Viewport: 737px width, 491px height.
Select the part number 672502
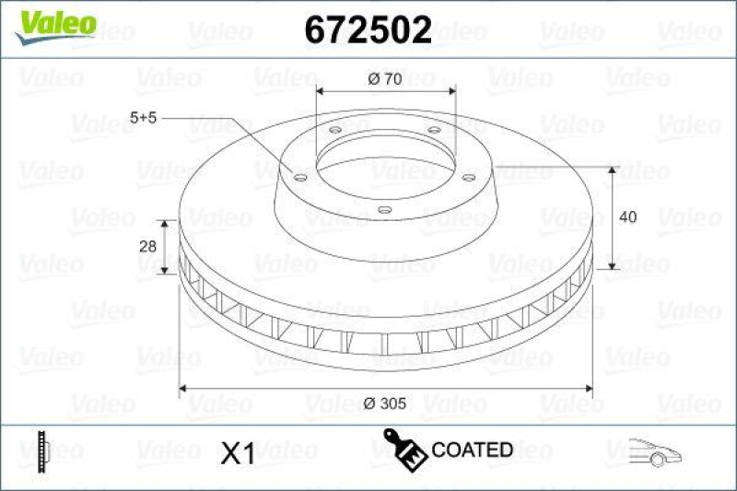click(368, 30)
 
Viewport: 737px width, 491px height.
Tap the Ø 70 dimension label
click(384, 79)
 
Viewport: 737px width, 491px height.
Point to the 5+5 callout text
click(145, 118)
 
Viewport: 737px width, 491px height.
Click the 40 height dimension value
click(628, 217)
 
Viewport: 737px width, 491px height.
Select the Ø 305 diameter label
click(386, 402)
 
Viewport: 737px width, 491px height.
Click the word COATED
click(472, 450)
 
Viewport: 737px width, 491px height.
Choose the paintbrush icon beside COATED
click(404, 448)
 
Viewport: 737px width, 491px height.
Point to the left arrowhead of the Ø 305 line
click(182, 389)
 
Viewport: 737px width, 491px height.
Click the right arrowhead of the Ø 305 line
click(588, 389)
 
